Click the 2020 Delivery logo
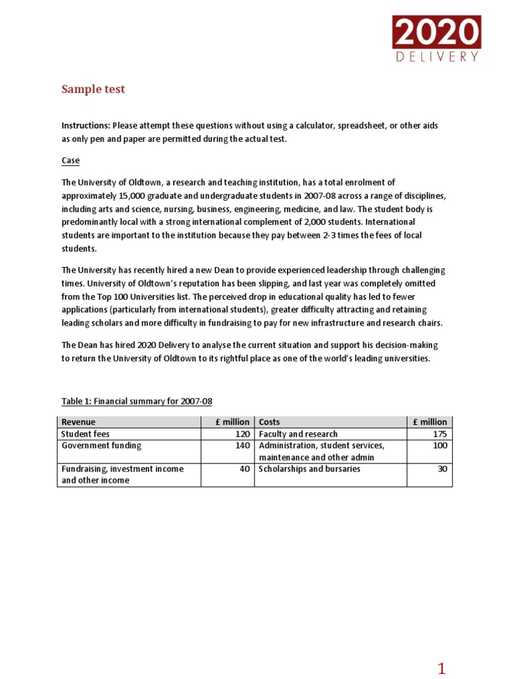(x=437, y=39)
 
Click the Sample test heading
(x=93, y=90)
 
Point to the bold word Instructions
(x=85, y=126)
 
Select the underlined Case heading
(x=70, y=160)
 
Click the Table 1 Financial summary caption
(x=137, y=401)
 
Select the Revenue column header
(x=78, y=422)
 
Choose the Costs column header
(x=269, y=422)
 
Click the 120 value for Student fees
(x=242, y=434)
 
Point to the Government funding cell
(x=101, y=446)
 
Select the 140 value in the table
(x=242, y=446)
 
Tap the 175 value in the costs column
(x=439, y=434)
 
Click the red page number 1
(x=442, y=668)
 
